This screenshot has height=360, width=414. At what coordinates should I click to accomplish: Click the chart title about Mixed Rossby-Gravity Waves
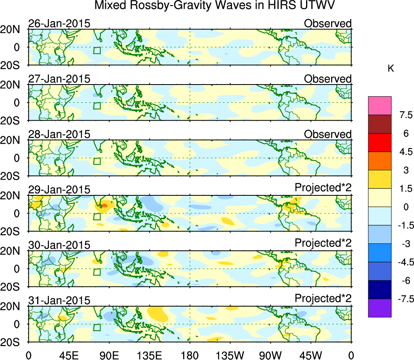pos(215,6)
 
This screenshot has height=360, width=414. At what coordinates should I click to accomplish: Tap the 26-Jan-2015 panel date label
pos(59,23)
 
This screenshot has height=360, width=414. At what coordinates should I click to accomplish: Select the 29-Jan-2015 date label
pos(59,190)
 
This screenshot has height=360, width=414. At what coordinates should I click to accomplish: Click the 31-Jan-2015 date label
pos(59,301)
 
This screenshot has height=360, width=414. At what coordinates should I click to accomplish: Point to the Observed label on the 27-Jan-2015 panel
pos(327,79)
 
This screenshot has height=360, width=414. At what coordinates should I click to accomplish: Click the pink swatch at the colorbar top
pos(380,106)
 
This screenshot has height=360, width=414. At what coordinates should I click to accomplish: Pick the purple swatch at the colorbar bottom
pos(380,308)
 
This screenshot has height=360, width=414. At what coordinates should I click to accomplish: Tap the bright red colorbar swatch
pos(380,142)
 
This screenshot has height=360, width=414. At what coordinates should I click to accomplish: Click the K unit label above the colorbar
pos(391,69)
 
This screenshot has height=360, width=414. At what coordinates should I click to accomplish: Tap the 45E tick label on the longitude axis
pos(68,355)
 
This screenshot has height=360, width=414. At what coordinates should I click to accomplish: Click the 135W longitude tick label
pos(230,355)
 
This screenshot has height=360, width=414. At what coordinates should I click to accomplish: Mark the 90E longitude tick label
pos(109,355)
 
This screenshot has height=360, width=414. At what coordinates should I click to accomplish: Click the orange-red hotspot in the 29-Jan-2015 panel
pos(104,205)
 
